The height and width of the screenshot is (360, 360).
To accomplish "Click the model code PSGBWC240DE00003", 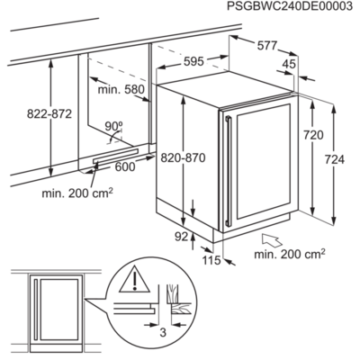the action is coord(290,6).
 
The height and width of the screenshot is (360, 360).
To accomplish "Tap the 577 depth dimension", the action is coord(267,46).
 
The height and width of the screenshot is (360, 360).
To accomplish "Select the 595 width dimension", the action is coord(193,61).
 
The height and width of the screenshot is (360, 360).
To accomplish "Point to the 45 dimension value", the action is coord(290,64).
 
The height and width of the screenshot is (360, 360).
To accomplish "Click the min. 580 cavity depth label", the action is coord(121,89).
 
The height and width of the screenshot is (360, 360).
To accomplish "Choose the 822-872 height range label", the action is coord(49,114).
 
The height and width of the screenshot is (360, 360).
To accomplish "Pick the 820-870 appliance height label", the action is coord(183,157).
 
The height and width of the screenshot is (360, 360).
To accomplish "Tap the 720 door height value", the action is coord(313,136).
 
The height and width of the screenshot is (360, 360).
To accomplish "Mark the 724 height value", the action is coord(335,159).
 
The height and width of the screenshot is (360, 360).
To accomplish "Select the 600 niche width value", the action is coord(125,166).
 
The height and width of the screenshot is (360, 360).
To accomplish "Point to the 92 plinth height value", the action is coord(181,237).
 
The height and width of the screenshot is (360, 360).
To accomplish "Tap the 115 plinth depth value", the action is coord(211,260).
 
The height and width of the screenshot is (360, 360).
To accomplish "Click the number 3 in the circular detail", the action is coord(163,332).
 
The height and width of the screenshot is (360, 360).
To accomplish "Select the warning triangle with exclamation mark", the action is coord(135,279).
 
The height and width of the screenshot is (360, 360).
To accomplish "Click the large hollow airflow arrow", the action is coord(272,240).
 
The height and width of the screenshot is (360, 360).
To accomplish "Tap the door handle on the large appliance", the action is coord(229,171).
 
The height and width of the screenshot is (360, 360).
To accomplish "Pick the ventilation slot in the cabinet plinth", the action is coord(116,156).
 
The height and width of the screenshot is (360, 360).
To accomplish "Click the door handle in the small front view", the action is coord(36,310).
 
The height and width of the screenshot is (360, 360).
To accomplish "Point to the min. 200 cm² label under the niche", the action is coord(77,193).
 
